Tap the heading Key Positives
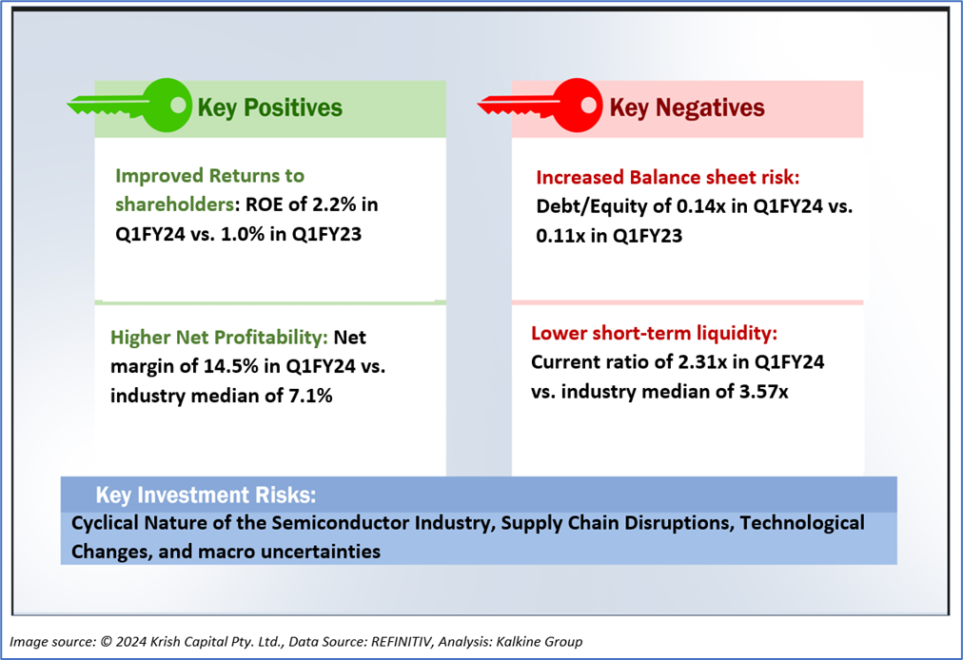click(269, 107)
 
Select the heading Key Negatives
click(687, 107)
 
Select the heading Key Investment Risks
click(206, 495)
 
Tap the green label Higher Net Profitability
click(220, 338)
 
